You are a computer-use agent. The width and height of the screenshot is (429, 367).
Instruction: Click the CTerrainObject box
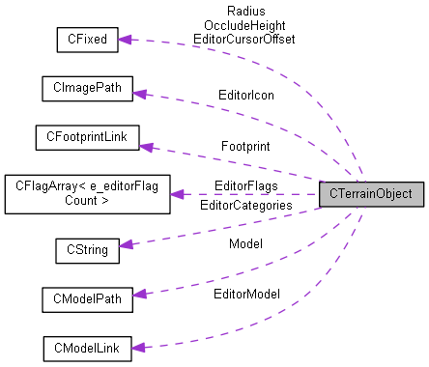click(371, 194)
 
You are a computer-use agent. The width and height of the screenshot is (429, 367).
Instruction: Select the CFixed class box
click(86, 40)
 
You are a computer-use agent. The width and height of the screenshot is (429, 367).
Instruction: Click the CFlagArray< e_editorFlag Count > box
click(86, 194)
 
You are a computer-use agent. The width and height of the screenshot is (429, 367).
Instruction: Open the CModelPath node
click(86, 299)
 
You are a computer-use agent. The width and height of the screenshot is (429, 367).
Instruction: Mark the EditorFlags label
click(245, 184)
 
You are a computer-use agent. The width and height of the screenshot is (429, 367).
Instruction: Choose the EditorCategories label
click(244, 205)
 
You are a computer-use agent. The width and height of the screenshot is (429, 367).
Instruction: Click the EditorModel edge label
click(245, 293)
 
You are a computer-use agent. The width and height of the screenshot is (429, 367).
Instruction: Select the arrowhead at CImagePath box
click(137, 94)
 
